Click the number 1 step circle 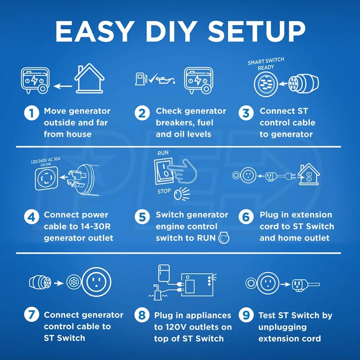coord(31,113)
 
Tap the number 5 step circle coord(142,217)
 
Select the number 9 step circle coord(246,315)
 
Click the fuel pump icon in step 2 coord(141,79)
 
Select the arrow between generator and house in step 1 coord(63,86)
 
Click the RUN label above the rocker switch coord(163,153)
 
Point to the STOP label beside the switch coord(164,191)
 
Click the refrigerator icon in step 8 coord(164,273)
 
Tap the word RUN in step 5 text coord(206,238)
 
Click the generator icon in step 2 coord(198,80)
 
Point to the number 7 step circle coord(31,315)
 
